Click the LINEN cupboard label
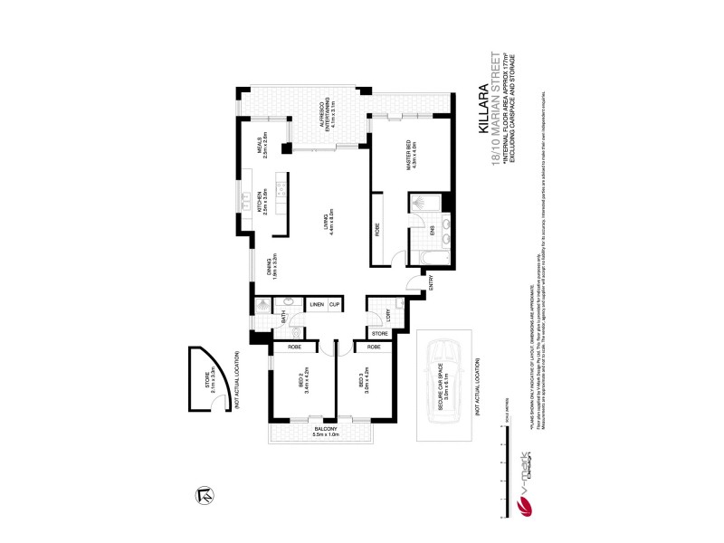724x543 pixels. [x=317, y=305]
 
